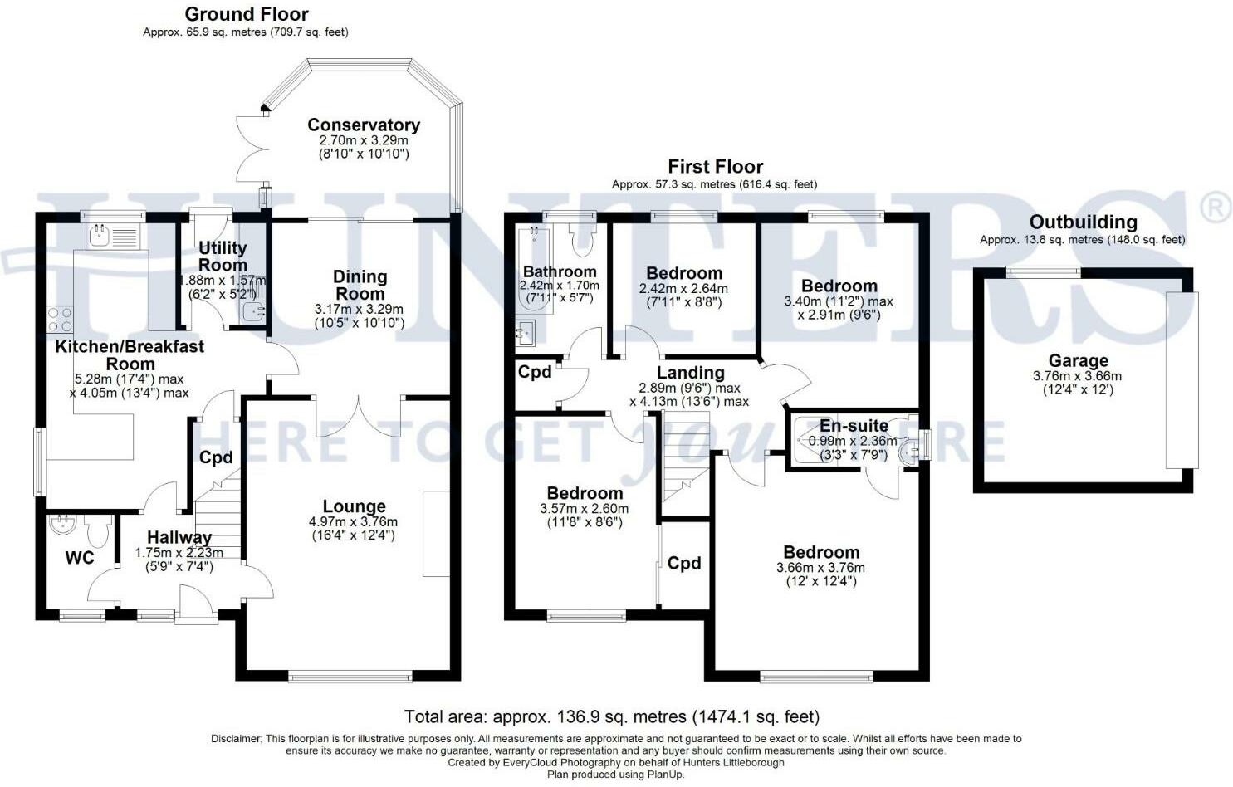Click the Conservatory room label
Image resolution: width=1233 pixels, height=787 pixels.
(364, 125)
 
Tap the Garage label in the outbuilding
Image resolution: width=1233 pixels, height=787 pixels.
(1079, 361)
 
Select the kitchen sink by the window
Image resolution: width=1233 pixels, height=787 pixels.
(113, 236)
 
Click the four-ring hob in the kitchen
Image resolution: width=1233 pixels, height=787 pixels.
(60, 320)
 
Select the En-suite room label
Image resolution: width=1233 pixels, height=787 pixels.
(854, 425)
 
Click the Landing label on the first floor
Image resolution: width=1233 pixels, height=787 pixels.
(690, 373)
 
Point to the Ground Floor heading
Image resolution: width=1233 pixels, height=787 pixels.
(247, 14)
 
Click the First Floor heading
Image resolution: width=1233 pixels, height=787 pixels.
(715, 166)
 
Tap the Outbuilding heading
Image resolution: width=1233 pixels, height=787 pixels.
(1084, 222)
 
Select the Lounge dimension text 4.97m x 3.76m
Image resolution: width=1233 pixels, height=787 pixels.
(354, 521)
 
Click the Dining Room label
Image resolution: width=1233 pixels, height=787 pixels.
(360, 285)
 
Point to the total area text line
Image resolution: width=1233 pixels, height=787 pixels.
(612, 716)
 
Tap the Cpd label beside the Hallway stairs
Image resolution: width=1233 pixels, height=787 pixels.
(216, 457)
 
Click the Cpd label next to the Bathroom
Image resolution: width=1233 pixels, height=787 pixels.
(535, 372)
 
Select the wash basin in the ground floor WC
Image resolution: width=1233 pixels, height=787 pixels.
(61, 524)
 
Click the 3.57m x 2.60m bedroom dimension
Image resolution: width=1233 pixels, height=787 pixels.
(584, 509)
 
